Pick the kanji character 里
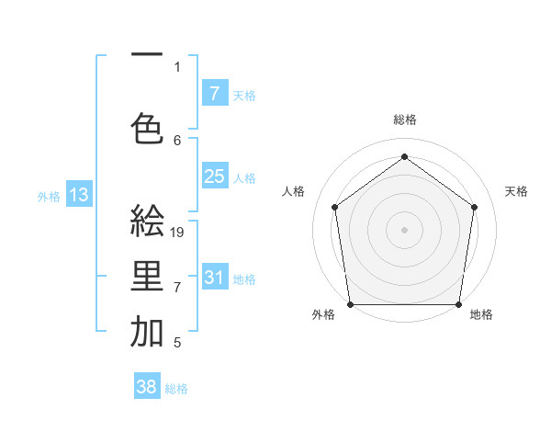[147, 278]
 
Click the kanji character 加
[147, 334]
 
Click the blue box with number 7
[214, 93]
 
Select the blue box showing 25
[214, 176]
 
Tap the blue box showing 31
[214, 278]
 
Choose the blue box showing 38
[147, 388]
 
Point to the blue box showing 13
[79, 194]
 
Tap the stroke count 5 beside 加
[177, 344]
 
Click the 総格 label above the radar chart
[405, 119]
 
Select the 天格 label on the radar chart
[516, 191]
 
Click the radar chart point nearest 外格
[350, 304]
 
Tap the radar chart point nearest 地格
[459, 304]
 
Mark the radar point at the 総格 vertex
[404, 157]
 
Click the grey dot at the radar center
[404, 229]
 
